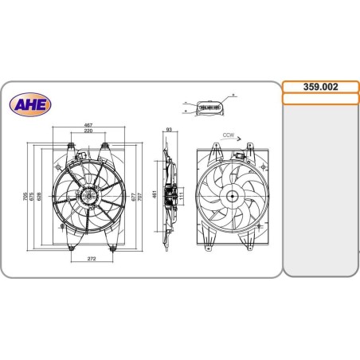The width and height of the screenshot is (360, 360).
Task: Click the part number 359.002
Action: click(320, 86)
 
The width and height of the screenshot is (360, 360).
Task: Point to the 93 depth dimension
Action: click(169, 128)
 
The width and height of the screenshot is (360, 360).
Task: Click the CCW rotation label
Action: click(228, 136)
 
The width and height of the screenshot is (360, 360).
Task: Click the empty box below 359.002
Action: click(320, 99)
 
